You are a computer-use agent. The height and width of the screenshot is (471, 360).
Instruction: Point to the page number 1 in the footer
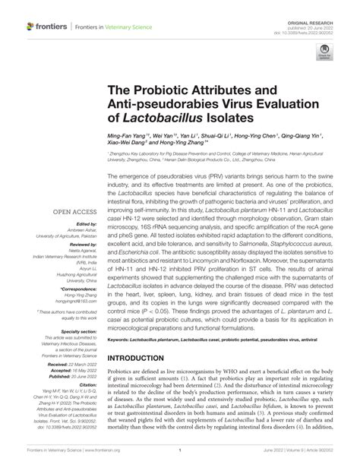(179, 459)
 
